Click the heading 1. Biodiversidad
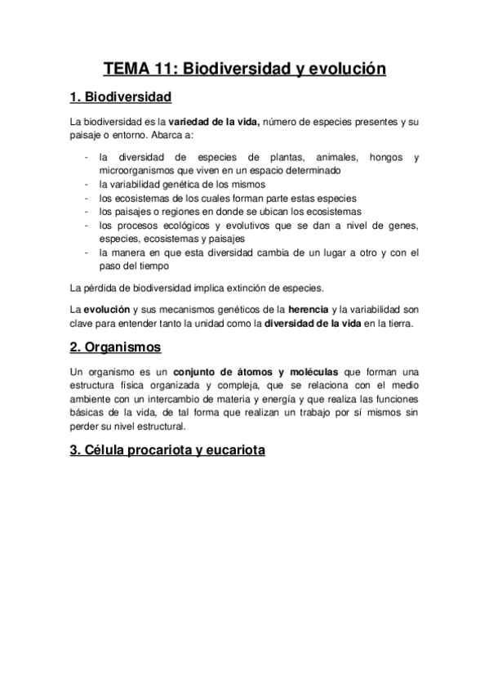121,98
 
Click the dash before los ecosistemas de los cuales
86,198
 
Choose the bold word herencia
311,310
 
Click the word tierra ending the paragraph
399,323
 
